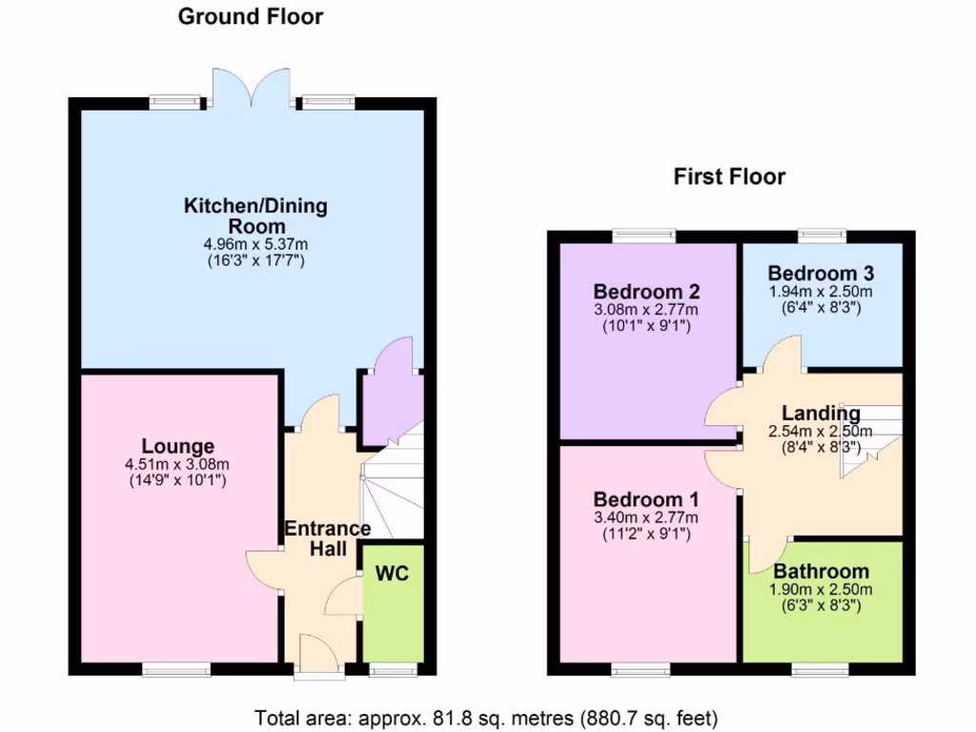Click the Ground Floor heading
(x=251, y=16)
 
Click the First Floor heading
(x=729, y=176)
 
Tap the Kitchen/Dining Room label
(x=255, y=215)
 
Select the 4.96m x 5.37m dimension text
(x=255, y=244)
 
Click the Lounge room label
(x=178, y=446)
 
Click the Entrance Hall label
(x=327, y=539)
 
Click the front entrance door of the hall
(x=318, y=658)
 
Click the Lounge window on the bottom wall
(x=177, y=669)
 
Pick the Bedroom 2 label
(x=646, y=292)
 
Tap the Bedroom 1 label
(x=646, y=499)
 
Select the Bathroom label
(x=821, y=572)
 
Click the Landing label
(x=821, y=413)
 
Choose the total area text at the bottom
(x=486, y=717)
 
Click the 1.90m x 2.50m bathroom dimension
(x=821, y=590)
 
